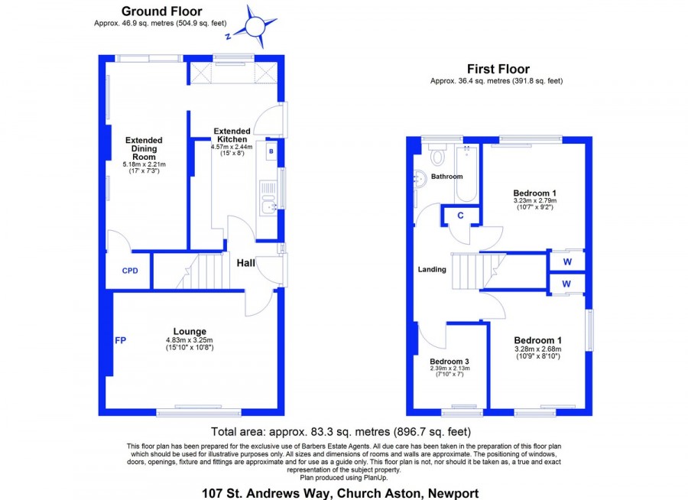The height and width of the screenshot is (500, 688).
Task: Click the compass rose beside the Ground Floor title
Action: [x=255, y=27]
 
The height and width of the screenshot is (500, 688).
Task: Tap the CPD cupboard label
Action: [x=130, y=271]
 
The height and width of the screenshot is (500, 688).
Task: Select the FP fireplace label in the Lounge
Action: [x=121, y=340]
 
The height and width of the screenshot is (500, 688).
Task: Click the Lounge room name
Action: [x=190, y=332]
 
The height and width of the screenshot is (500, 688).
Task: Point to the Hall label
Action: [x=245, y=263]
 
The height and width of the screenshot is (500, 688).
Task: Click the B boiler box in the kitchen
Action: [x=271, y=151]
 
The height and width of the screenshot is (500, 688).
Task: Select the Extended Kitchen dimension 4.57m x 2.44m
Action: [x=232, y=147]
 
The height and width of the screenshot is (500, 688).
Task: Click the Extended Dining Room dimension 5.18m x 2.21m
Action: [x=144, y=164]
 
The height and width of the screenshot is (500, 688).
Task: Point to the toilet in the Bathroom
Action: [x=437, y=154]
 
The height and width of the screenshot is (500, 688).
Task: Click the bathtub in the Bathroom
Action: [x=466, y=174]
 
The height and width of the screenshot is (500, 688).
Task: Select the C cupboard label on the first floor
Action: [x=460, y=216]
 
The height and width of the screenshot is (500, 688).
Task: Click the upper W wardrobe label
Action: [x=567, y=262]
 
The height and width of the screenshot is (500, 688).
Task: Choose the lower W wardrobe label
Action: [x=566, y=284]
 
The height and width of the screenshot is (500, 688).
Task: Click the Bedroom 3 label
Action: [x=449, y=362]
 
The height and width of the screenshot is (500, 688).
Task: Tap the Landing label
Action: [x=432, y=269]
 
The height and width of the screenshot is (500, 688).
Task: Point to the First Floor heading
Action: [x=498, y=69]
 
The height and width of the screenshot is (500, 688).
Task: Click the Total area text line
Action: [x=341, y=432]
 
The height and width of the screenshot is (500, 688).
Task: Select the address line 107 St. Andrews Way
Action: [x=340, y=493]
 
